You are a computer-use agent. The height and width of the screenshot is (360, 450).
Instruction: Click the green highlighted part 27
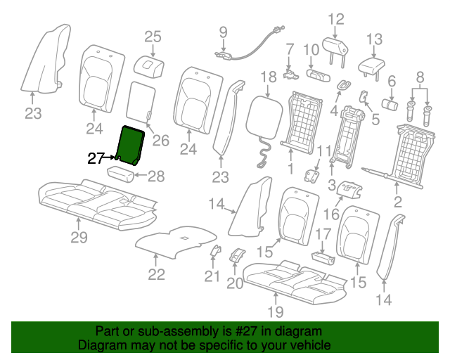coord(130,145)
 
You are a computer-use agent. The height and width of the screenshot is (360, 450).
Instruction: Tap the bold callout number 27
coord(96,158)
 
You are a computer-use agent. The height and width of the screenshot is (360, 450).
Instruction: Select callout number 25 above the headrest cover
coord(153,37)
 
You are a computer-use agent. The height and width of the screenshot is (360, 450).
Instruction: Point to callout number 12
coord(336,19)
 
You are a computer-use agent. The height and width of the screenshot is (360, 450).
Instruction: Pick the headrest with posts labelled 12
coord(335,51)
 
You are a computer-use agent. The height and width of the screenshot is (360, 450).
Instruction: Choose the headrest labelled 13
coord(371,69)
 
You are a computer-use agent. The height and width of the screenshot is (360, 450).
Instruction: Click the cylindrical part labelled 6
coord(390,104)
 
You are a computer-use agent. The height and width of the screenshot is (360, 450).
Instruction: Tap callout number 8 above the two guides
coord(420,77)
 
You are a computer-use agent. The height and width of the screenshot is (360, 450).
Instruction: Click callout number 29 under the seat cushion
coord(79,237)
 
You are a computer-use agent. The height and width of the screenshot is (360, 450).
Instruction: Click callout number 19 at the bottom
coord(276,311)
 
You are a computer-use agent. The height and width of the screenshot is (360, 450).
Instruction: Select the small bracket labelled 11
coord(311,175)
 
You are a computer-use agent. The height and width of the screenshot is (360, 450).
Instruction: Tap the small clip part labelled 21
coord(216,250)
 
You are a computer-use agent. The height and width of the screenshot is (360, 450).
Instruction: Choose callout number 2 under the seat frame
coord(397,202)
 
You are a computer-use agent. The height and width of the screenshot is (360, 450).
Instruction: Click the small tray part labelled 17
coord(323,258)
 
